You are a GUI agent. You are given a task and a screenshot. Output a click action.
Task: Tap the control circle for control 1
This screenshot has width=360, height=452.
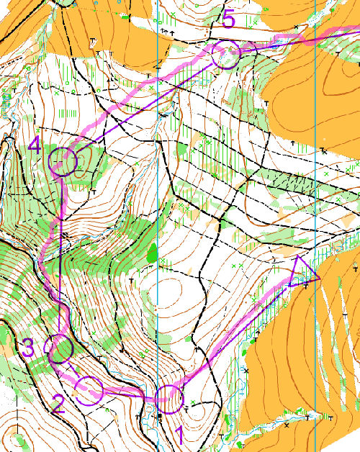(x=170, y=398)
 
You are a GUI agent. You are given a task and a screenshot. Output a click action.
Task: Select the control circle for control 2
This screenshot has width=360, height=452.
(x=90, y=390)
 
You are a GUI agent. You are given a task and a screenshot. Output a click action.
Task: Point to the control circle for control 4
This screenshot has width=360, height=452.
(x=63, y=162)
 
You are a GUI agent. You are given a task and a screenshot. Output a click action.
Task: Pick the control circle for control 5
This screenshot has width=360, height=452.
(x=226, y=55)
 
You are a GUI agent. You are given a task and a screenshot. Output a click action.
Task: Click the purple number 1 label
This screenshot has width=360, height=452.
(x=180, y=434)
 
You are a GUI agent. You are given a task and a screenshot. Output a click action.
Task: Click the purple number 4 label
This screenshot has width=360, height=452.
(x=36, y=146)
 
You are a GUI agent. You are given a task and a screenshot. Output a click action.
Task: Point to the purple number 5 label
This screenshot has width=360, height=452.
(x=228, y=19)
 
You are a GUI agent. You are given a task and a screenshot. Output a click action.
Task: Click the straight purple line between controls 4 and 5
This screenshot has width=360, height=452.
(x=144, y=109)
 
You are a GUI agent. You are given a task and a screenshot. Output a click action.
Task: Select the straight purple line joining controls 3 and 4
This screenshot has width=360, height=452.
(x=62, y=252)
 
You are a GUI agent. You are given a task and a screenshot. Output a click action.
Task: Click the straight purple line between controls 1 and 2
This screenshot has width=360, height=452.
(x=130, y=394)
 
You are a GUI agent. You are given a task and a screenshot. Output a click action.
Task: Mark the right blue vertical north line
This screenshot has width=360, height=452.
(x=315, y=180)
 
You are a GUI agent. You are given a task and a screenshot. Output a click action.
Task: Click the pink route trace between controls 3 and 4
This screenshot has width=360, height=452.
(x=44, y=252)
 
